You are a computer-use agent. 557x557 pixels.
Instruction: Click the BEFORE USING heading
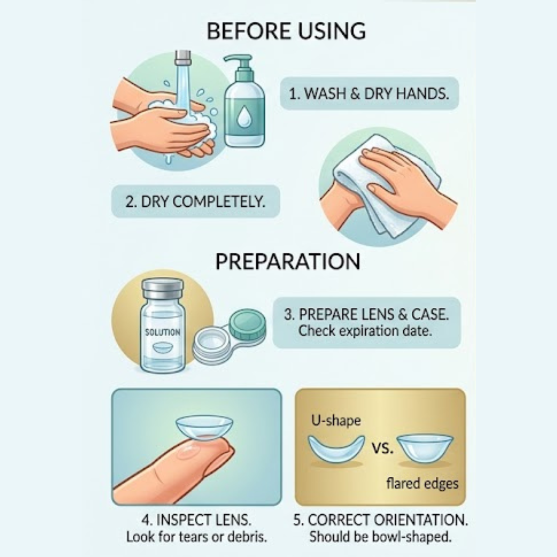click(286, 31)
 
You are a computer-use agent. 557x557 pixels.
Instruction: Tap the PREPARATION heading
click(288, 262)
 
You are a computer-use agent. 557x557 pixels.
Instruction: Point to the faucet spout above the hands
click(183, 58)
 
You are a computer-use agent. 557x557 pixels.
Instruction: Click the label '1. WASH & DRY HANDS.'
click(369, 94)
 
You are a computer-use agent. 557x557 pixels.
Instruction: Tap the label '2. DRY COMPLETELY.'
click(195, 201)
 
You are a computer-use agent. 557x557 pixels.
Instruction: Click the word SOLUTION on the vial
click(162, 332)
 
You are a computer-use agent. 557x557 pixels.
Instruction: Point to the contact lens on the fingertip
click(205, 428)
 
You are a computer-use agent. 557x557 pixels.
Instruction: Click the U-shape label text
click(336, 421)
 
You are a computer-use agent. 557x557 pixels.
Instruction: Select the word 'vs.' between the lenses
click(382, 449)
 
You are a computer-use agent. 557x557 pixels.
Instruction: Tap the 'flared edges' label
click(422, 484)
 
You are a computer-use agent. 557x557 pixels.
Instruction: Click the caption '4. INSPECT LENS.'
click(197, 520)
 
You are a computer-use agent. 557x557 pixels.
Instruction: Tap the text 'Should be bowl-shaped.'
click(381, 537)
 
